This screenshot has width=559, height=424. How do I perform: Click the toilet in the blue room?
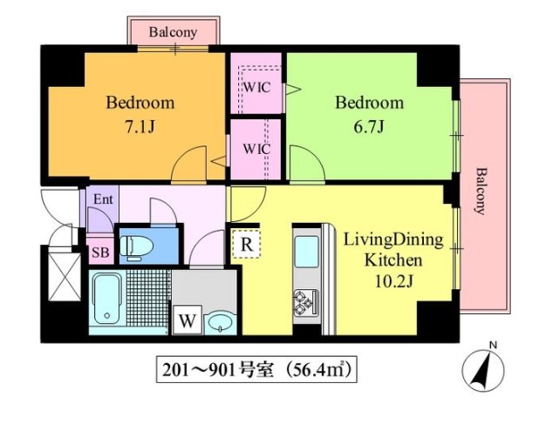point(137,246)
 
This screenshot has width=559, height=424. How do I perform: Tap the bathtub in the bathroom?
point(106,299)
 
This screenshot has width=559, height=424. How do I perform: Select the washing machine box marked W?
point(187,320)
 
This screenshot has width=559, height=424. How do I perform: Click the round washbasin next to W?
point(221,323)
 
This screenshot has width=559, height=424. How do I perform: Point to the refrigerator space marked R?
point(246,244)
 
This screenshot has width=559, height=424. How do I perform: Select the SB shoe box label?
point(100,252)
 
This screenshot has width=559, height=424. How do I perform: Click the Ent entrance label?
point(103,199)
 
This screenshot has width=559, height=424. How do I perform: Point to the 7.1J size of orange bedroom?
point(140,126)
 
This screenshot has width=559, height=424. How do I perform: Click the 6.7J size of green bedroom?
point(369,126)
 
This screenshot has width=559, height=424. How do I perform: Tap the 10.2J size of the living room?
point(393,281)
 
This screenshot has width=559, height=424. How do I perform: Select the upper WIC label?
point(256,87)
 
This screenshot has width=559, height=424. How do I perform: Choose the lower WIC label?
point(256,149)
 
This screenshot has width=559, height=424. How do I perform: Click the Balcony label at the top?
point(173,32)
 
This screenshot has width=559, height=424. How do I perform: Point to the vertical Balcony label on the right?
point(481,192)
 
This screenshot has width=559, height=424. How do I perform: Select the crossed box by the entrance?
point(65,277)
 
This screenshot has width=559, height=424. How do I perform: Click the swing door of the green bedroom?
point(307,164)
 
